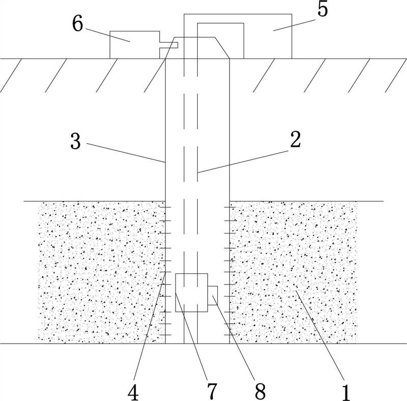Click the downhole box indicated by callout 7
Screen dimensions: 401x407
pyautogui.click(x=191, y=292)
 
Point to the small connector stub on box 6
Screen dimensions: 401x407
pyautogui.click(x=168, y=45)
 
